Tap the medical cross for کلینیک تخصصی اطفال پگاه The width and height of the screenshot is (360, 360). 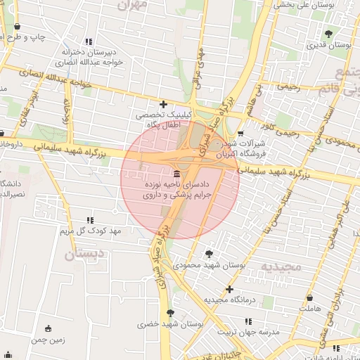pos(164,104)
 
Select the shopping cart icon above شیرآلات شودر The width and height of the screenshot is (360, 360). pos(241,133)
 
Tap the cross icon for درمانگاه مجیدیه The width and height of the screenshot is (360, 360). pos(229,289)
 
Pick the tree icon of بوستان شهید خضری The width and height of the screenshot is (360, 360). pos(169,313)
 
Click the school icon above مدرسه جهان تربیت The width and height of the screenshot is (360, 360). pos(247,321)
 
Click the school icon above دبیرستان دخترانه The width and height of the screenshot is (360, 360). pos(89,41)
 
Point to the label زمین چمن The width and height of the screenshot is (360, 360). pos(48,340)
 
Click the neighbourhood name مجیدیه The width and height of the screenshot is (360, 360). pos(281,266)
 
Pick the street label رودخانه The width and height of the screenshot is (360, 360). pos(69,111)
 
